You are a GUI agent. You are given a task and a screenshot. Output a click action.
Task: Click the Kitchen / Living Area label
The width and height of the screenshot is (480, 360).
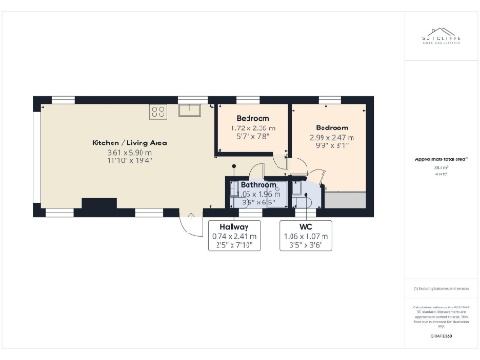coord(129,142)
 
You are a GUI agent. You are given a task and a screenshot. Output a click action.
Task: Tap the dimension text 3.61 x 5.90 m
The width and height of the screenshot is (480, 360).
coord(129,152)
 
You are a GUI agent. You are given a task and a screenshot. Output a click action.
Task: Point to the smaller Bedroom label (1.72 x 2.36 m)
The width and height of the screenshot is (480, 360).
coord(252,119)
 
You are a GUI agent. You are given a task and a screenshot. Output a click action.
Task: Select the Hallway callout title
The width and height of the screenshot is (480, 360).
coord(233,228)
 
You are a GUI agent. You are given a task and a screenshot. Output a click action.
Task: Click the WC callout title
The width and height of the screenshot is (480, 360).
coord(306,228)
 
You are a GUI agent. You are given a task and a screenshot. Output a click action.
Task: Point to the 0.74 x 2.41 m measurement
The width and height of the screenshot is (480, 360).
coord(233,237)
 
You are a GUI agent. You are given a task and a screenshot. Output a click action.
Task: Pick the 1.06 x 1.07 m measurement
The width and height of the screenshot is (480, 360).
coord(306,237)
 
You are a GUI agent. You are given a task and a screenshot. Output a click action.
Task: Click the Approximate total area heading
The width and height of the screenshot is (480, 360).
coord(441,159)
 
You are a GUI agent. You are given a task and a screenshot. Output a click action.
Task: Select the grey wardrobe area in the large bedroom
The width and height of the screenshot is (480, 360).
coord(338,198)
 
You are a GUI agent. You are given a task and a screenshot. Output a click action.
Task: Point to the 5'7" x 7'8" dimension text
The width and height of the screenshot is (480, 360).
coord(252,136)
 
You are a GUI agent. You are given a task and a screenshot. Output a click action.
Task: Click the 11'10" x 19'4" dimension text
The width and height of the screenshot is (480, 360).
coord(129,160)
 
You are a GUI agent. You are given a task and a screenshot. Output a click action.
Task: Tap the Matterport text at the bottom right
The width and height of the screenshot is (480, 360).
coord(441,334)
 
